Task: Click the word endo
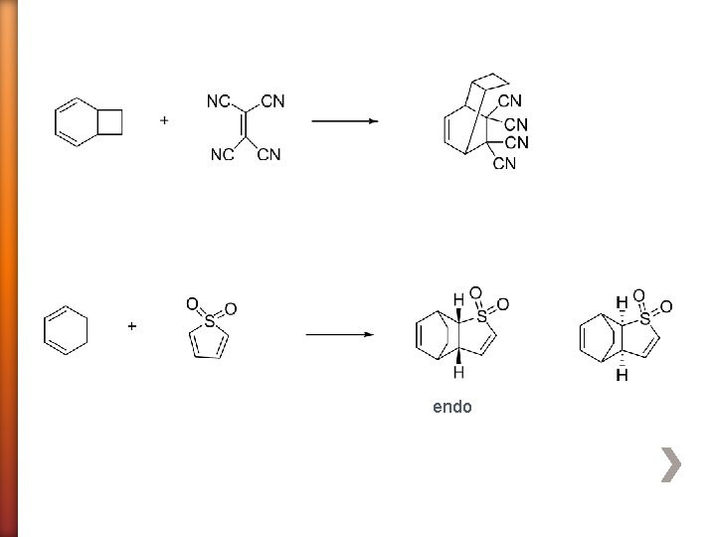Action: click(452, 407)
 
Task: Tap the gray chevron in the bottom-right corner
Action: click(672, 464)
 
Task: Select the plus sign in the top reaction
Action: click(164, 120)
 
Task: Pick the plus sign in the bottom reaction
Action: click(132, 326)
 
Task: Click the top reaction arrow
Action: click(344, 121)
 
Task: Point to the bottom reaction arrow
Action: click(339, 334)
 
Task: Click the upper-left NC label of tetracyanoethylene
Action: click(219, 101)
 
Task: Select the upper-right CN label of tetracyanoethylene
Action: click(272, 101)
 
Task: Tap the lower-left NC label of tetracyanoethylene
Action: click(222, 154)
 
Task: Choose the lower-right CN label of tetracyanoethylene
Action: click(268, 154)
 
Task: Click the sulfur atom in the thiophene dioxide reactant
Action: click(209, 322)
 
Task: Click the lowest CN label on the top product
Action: click(505, 163)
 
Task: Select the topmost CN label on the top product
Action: click(510, 100)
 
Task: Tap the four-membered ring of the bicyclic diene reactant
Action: click(110, 121)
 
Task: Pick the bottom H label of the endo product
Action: click(457, 373)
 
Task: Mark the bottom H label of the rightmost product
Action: click(622, 376)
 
